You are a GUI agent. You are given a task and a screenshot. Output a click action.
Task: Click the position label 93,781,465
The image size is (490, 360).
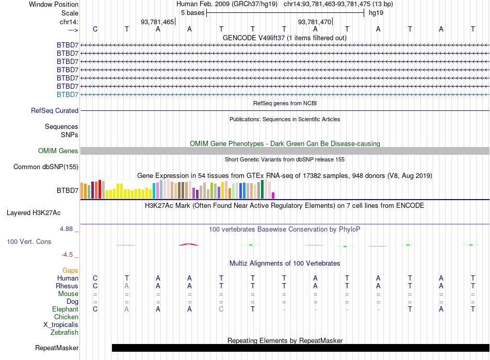tap(157, 22)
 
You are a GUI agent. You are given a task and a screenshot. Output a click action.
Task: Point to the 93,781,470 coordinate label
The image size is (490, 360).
tap(315, 22)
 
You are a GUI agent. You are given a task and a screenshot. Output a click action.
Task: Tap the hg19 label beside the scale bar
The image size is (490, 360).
tap(375, 12)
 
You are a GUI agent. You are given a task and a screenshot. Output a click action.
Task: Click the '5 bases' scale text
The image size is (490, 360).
tap(192, 12)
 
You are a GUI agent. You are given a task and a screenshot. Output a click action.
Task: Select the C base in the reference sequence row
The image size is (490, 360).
tap(95, 29)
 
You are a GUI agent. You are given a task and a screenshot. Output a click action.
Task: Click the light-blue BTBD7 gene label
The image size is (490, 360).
tap(68, 94)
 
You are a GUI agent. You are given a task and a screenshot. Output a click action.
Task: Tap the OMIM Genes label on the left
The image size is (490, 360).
tap(58, 151)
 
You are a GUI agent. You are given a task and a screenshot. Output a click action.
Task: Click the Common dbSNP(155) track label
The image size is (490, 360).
tap(46, 167)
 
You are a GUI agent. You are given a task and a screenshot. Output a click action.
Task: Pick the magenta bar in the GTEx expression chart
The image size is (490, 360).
tap(273, 195)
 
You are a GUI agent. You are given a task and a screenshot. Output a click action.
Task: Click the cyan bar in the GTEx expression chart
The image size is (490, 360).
tap(154, 190)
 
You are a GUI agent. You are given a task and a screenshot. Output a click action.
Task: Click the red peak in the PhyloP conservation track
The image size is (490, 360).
tap(189, 244)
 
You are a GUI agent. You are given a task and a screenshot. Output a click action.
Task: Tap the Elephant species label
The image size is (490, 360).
tap(65, 309)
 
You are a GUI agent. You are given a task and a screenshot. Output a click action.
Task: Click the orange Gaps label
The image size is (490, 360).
tap(70, 270)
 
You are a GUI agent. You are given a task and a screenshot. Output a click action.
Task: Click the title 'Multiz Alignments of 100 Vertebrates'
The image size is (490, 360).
tap(285, 264)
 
